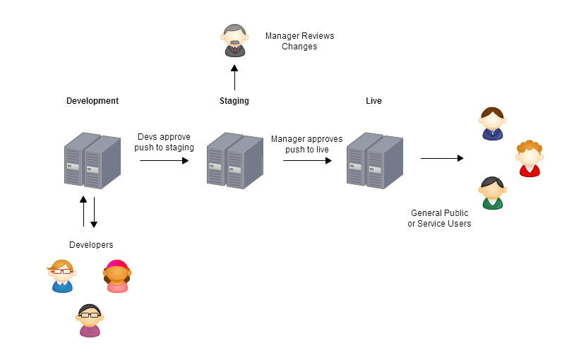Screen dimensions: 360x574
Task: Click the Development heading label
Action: click(92, 101)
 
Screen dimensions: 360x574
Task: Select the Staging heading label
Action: click(234, 101)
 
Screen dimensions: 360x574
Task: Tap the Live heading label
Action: click(373, 101)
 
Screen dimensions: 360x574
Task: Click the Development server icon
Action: click(92, 160)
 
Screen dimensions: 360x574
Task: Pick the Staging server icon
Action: click(234, 161)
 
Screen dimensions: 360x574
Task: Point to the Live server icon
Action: click(374, 161)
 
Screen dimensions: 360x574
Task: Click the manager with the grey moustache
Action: click(234, 41)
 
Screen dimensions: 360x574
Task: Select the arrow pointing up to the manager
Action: click(234, 76)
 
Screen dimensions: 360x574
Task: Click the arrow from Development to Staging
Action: click(165, 161)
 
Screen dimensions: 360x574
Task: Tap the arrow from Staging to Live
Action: click(307, 161)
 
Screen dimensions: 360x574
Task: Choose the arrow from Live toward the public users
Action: click(442, 158)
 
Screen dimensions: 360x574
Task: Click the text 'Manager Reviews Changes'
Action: click(299, 41)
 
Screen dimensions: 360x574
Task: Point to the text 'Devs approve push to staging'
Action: click(165, 142)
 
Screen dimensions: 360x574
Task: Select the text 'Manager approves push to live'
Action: click(307, 144)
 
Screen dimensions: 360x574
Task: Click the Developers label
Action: click(91, 245)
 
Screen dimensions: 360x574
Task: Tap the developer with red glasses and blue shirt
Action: click(61, 276)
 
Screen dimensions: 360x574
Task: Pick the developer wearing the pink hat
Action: click(117, 276)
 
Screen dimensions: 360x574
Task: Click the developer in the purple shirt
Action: click(90, 320)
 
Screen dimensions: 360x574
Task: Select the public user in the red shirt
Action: click(529, 159)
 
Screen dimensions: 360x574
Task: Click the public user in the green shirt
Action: click(492, 193)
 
